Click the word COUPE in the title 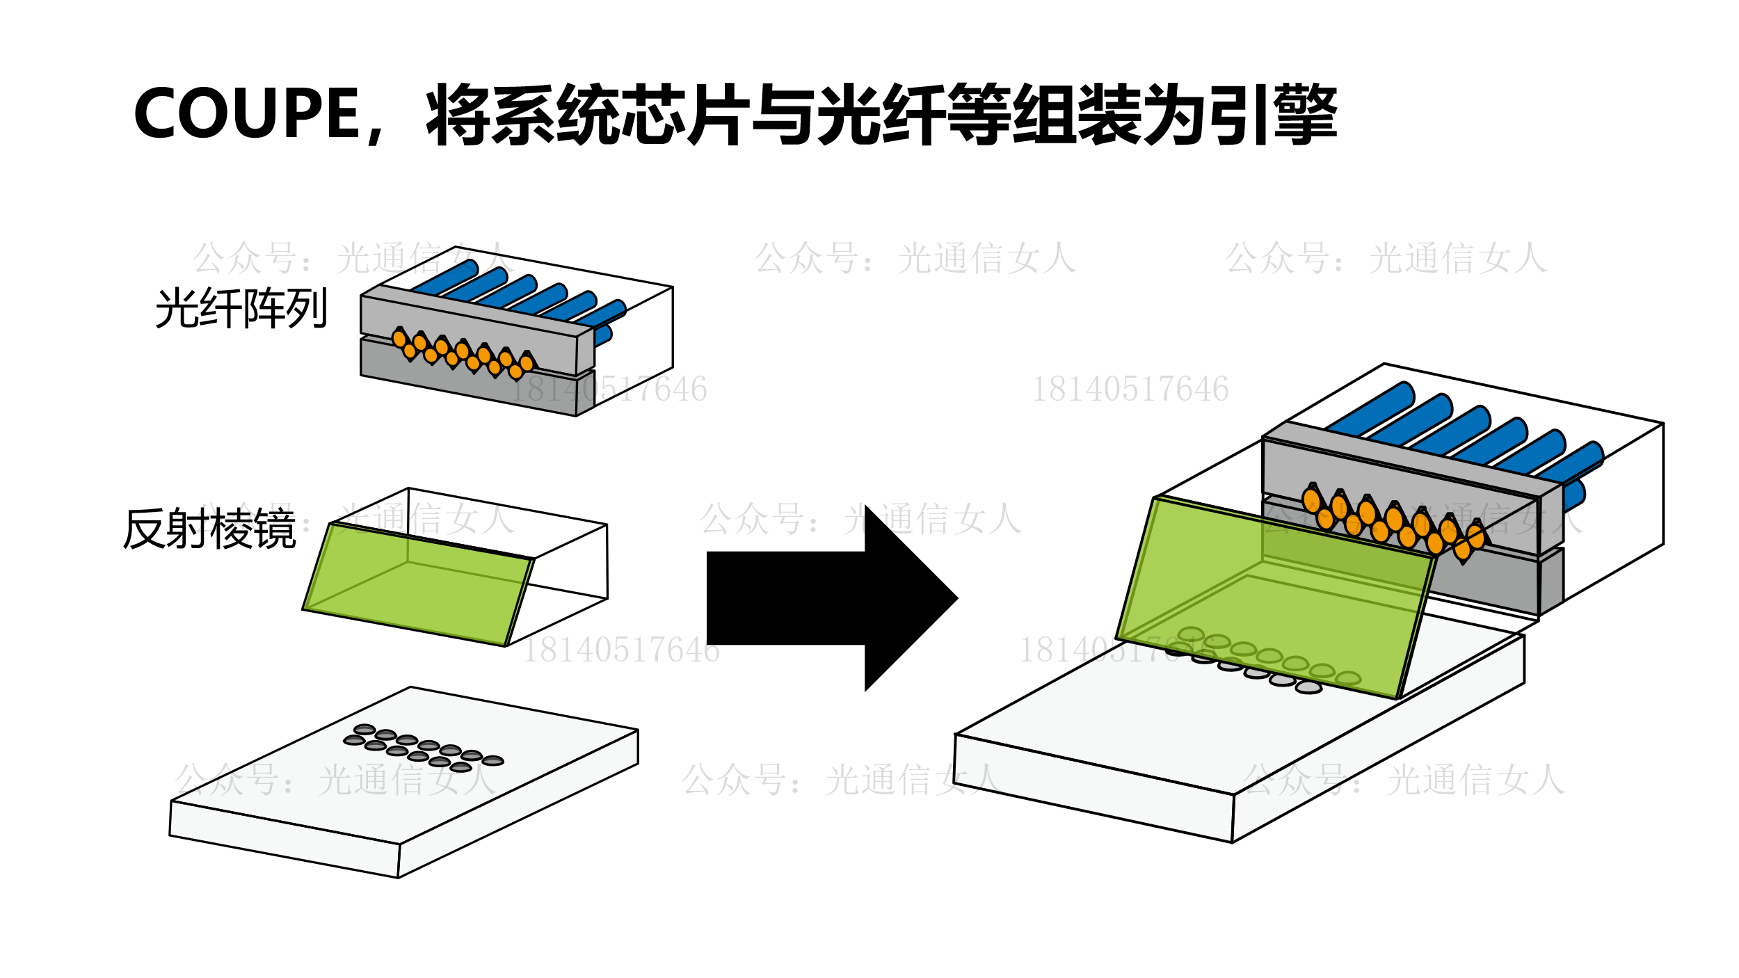click(x=246, y=113)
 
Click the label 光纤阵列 click(x=241, y=308)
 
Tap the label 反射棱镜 click(x=209, y=529)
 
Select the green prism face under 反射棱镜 click(x=417, y=584)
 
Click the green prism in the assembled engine click(x=1273, y=598)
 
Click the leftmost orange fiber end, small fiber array click(x=399, y=339)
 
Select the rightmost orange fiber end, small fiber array click(x=527, y=363)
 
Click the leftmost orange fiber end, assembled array click(x=1311, y=500)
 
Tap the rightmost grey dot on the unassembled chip click(x=492, y=760)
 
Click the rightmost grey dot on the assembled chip click(x=1308, y=687)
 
